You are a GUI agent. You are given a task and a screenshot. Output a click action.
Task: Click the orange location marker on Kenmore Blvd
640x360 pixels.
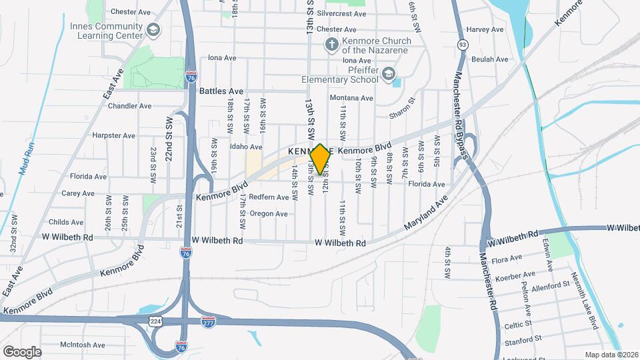pos(320,159)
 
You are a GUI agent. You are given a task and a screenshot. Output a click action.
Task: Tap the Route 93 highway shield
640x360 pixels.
pos(462,45)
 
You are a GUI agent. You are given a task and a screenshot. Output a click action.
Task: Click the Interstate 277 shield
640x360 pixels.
pos(208,321)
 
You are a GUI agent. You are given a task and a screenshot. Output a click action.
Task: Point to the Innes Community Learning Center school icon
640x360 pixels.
pos(154,30)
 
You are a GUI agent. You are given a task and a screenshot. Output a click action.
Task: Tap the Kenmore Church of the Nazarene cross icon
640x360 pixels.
pos(331,45)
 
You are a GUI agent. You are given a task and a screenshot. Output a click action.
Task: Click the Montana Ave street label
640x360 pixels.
pos(352,98)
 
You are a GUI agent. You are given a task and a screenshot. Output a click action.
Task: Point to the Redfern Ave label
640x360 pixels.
pos(269,197)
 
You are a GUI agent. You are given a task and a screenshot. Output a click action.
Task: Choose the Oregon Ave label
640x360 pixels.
pos(269,213)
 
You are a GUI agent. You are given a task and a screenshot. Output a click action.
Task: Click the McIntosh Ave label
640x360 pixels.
pos(83,345)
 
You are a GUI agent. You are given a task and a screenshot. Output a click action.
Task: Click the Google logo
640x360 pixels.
pos(23,351)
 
